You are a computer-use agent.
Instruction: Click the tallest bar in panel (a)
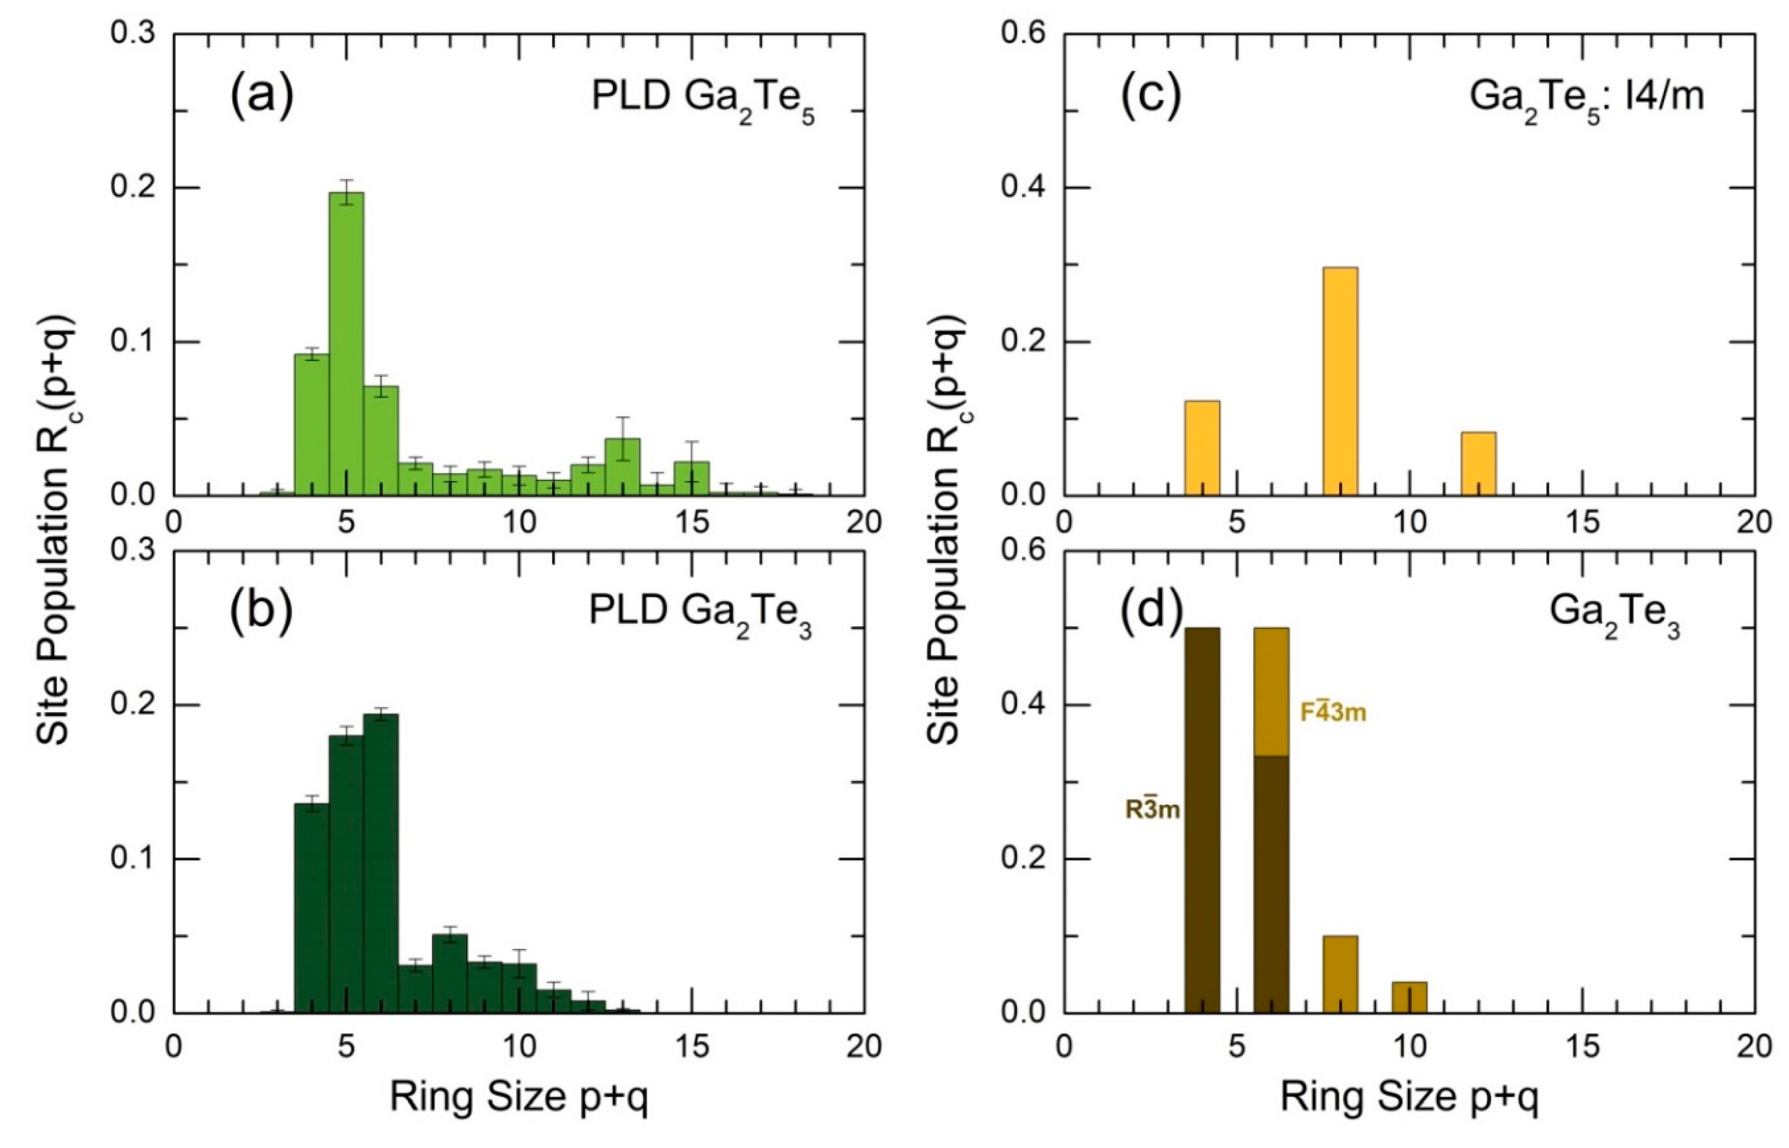tap(347, 343)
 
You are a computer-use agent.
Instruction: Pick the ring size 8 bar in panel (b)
tap(450, 973)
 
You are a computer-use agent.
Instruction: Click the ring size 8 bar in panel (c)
tap(1341, 380)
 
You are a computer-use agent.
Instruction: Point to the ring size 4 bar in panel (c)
tap(1202, 447)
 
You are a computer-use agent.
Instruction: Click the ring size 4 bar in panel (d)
tap(1202, 820)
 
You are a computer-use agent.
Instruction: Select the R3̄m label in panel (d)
tap(1152, 809)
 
